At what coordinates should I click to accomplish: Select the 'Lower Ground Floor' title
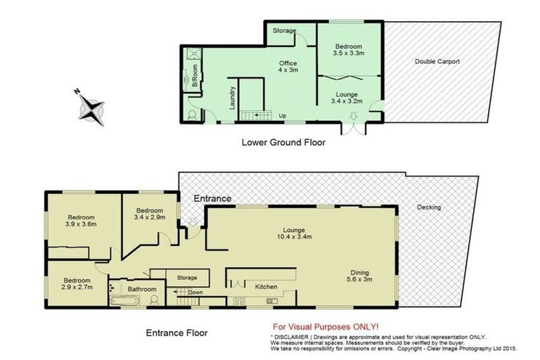pyautogui.click(x=283, y=142)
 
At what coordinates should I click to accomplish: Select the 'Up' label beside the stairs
pyautogui.click(x=283, y=115)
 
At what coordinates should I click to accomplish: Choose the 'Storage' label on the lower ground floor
pyautogui.click(x=285, y=31)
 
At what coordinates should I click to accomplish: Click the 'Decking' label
pyautogui.click(x=428, y=207)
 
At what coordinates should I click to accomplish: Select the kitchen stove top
pyautogui.click(x=239, y=302)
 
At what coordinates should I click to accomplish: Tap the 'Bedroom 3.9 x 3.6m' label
pyautogui.click(x=81, y=220)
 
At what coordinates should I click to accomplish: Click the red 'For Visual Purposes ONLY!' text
pyautogui.click(x=326, y=327)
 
